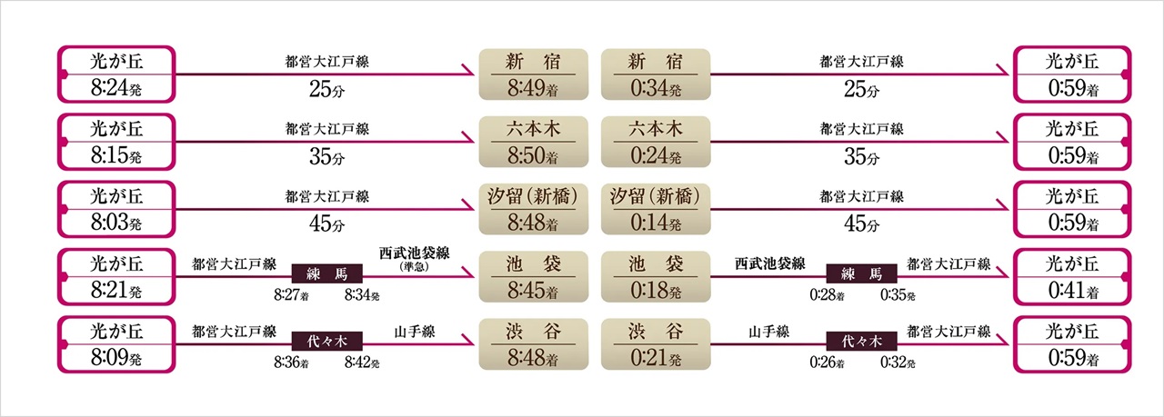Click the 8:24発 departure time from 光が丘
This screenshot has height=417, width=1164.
click(117, 89)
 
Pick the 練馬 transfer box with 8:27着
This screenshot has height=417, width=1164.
click(326, 273)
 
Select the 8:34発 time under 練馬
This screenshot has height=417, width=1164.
click(362, 295)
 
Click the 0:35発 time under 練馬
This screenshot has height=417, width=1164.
click(898, 295)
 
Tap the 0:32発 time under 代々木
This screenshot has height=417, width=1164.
click(898, 362)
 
